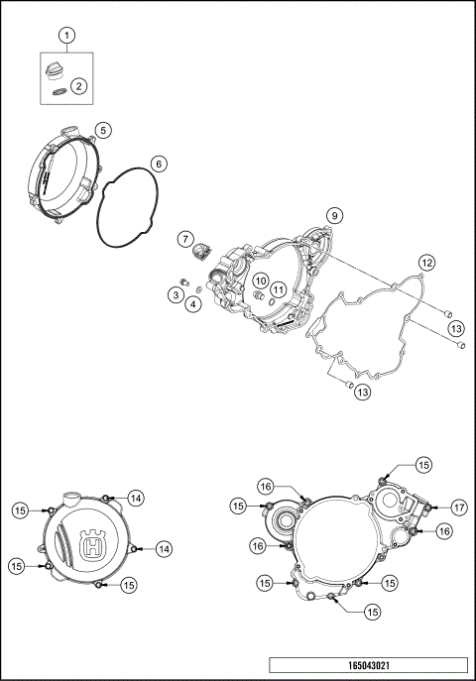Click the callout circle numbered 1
[67, 37]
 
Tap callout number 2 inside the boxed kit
[79, 86]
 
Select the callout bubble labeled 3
[175, 294]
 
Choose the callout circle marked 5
[103, 130]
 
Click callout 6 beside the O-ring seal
[158, 163]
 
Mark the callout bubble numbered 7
[185, 239]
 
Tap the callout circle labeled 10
[258, 281]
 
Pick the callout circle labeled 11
[279, 289]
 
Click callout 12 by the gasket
[425, 264]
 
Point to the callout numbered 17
[457, 507]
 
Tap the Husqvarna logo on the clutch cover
[96, 545]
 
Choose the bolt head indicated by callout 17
[427, 508]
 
